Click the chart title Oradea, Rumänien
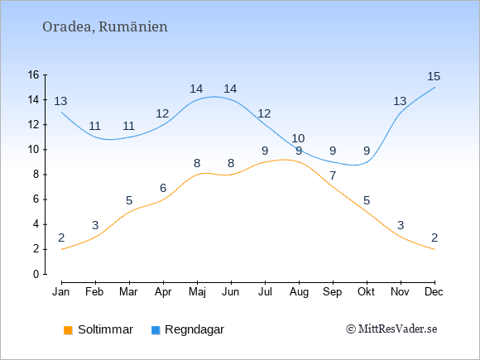pos(105,27)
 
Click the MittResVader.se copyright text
pos(391,329)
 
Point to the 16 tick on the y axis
pos(33,74)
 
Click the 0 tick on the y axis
pos(36,274)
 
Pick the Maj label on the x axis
pos(197,292)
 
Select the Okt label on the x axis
pos(366,292)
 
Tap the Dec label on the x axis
pos(434,292)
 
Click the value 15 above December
pos(434,76)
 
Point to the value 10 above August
pos(298,138)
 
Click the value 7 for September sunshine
pos(333,175)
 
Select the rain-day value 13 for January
pos(60,101)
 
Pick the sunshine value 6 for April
pos(163,188)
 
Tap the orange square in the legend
pos(68,330)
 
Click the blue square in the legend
pos(156,330)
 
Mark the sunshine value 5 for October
pos(367,200)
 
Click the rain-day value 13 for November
pos(400,101)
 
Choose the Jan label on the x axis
pos(61,292)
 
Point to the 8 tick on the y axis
pos(36,175)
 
